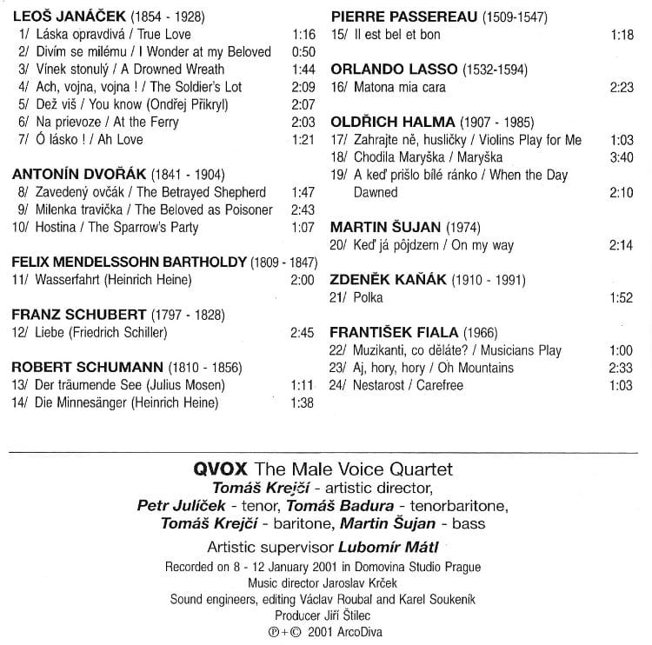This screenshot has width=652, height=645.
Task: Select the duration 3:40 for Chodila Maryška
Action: coord(622,157)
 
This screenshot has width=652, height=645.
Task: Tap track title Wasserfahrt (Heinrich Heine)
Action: coord(113,280)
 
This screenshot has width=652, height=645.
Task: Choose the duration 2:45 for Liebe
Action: coord(302,332)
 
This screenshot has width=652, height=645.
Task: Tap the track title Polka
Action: coord(369,297)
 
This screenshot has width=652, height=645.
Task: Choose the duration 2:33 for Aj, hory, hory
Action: coord(622,368)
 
